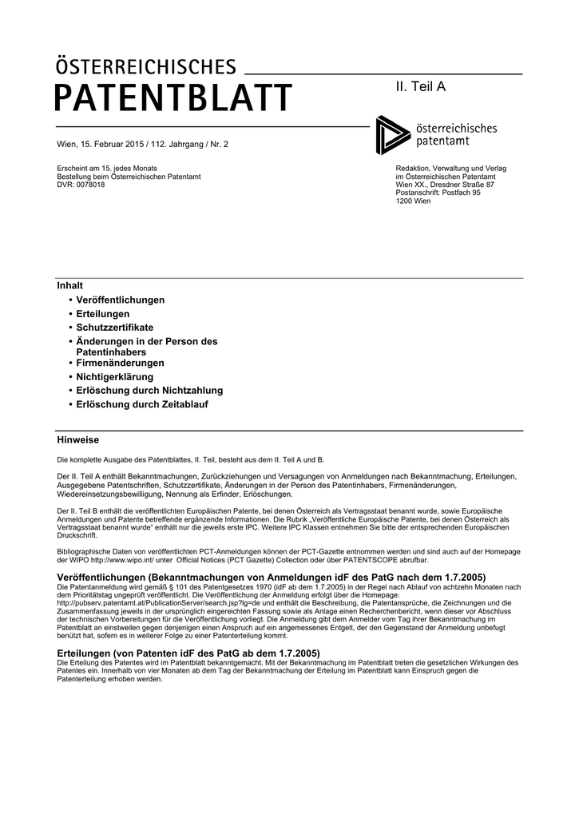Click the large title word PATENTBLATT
pyautogui.click(x=173, y=99)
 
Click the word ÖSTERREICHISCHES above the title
pyautogui.click(x=146, y=66)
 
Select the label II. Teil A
pyautogui.click(x=421, y=86)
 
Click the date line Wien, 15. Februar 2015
pyautogui.click(x=137, y=145)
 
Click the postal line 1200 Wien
pyautogui.click(x=413, y=201)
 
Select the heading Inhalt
pyautogui.click(x=70, y=285)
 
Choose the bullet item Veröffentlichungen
pyautogui.click(x=120, y=300)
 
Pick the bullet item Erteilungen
pyautogui.click(x=102, y=314)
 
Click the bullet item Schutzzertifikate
pyautogui.click(x=114, y=328)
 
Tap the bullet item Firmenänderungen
pyautogui.click(x=120, y=363)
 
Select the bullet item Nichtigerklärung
pyautogui.click(x=114, y=376)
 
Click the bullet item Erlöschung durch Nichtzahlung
pyautogui.click(x=149, y=391)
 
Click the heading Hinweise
pyautogui.click(x=78, y=440)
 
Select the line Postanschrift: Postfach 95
pyautogui.click(x=438, y=193)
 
